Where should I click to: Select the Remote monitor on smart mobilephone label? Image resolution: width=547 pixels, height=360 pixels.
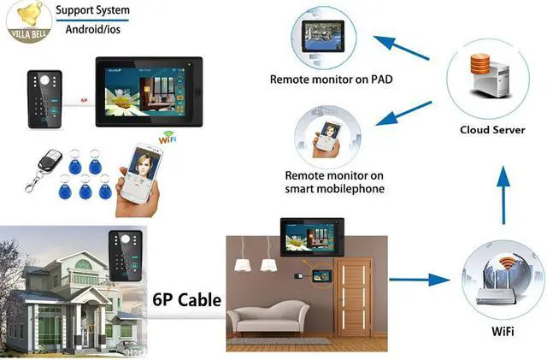pyautogui.click(x=334, y=181)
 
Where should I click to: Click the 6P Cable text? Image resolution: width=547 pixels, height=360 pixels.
pyautogui.click(x=186, y=300)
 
